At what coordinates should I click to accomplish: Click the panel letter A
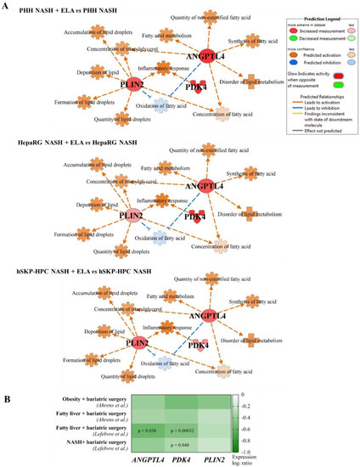[x=7, y=6]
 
